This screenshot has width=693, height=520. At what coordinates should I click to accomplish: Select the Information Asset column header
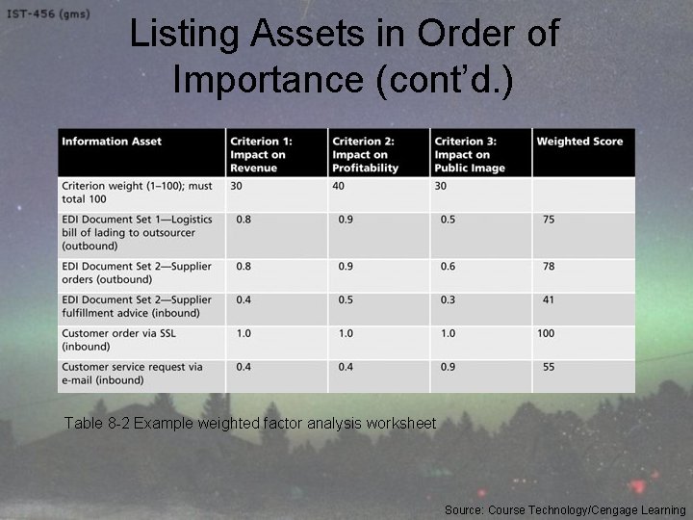pos(112,142)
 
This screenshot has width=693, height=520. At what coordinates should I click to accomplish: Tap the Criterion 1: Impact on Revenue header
pos(259,154)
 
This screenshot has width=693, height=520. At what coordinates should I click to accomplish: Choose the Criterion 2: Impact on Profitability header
pos(367,154)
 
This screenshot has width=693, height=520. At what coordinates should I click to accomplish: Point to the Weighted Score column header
pos(579,142)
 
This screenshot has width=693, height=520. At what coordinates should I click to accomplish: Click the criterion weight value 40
pos(340,186)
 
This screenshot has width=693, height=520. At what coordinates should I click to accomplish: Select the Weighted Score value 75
pos(549,220)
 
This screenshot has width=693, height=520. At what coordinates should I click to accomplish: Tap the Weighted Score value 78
pos(549,267)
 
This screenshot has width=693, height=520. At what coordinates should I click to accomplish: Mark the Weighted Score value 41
pos(549,300)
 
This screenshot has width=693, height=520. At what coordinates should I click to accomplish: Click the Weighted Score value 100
pos(547,333)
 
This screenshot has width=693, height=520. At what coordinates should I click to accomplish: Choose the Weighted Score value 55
pos(549,367)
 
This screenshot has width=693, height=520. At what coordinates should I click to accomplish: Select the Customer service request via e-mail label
pos(132,373)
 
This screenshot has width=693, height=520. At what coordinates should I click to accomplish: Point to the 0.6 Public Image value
pos(448,267)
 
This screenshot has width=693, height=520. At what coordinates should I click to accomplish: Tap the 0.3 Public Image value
pos(448,300)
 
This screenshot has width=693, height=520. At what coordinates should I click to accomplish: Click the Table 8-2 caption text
pos(249,424)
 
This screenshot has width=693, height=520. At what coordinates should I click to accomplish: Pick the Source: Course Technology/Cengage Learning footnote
pos(565,509)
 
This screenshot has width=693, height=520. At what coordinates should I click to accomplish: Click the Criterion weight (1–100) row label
pos(138,192)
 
